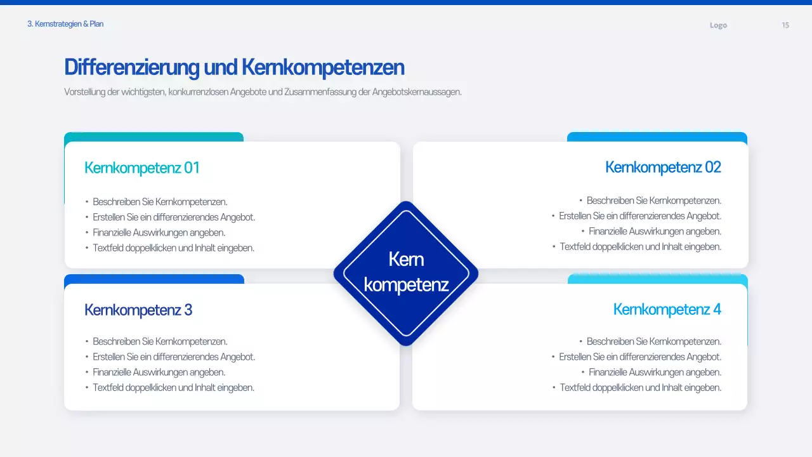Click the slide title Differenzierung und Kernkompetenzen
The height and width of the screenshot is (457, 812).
[x=234, y=67]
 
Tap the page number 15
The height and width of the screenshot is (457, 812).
[x=785, y=25]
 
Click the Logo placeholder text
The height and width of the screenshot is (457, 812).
[x=718, y=25]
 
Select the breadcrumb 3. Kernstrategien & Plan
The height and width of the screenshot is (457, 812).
[x=65, y=24]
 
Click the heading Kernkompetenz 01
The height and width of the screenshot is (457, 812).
[x=142, y=168]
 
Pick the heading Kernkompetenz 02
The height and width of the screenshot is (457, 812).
[x=663, y=167]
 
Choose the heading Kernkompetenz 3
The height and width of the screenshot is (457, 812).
[x=138, y=310]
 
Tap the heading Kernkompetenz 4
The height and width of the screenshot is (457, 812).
[x=667, y=309]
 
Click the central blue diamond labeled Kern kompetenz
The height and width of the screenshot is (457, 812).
[x=406, y=273]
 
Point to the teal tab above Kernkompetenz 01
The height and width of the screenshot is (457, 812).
[x=154, y=136]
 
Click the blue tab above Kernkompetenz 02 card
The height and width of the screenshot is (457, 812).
[x=657, y=136]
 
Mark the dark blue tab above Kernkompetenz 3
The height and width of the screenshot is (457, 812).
[x=154, y=279]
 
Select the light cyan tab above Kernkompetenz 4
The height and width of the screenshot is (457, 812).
[x=657, y=279]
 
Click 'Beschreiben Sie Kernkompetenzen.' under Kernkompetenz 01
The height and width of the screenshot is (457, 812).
[x=160, y=202]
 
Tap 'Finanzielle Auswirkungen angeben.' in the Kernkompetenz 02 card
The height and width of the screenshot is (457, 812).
[x=655, y=232]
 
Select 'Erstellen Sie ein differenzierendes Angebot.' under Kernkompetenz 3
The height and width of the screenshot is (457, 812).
[x=174, y=357]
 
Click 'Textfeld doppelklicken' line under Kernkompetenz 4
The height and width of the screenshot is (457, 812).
[x=640, y=388]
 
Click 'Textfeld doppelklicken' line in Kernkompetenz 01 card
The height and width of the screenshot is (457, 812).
[x=173, y=248]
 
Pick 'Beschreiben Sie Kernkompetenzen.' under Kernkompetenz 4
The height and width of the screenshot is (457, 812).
[x=653, y=341]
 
